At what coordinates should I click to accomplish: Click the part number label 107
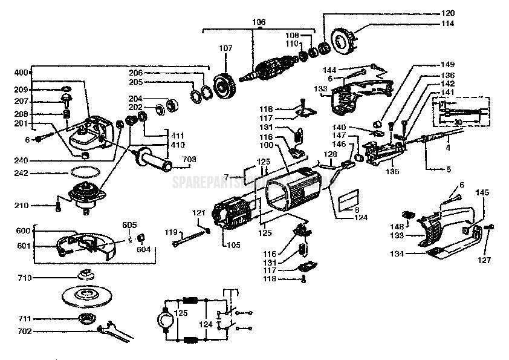pyautogui.click(x=225, y=48)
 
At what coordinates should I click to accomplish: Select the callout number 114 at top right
pyautogui.click(x=447, y=24)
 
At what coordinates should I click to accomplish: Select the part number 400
pyautogui.click(x=21, y=73)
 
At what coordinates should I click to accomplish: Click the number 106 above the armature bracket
pyautogui.click(x=258, y=22)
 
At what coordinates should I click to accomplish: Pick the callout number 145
pyautogui.click(x=482, y=192)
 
